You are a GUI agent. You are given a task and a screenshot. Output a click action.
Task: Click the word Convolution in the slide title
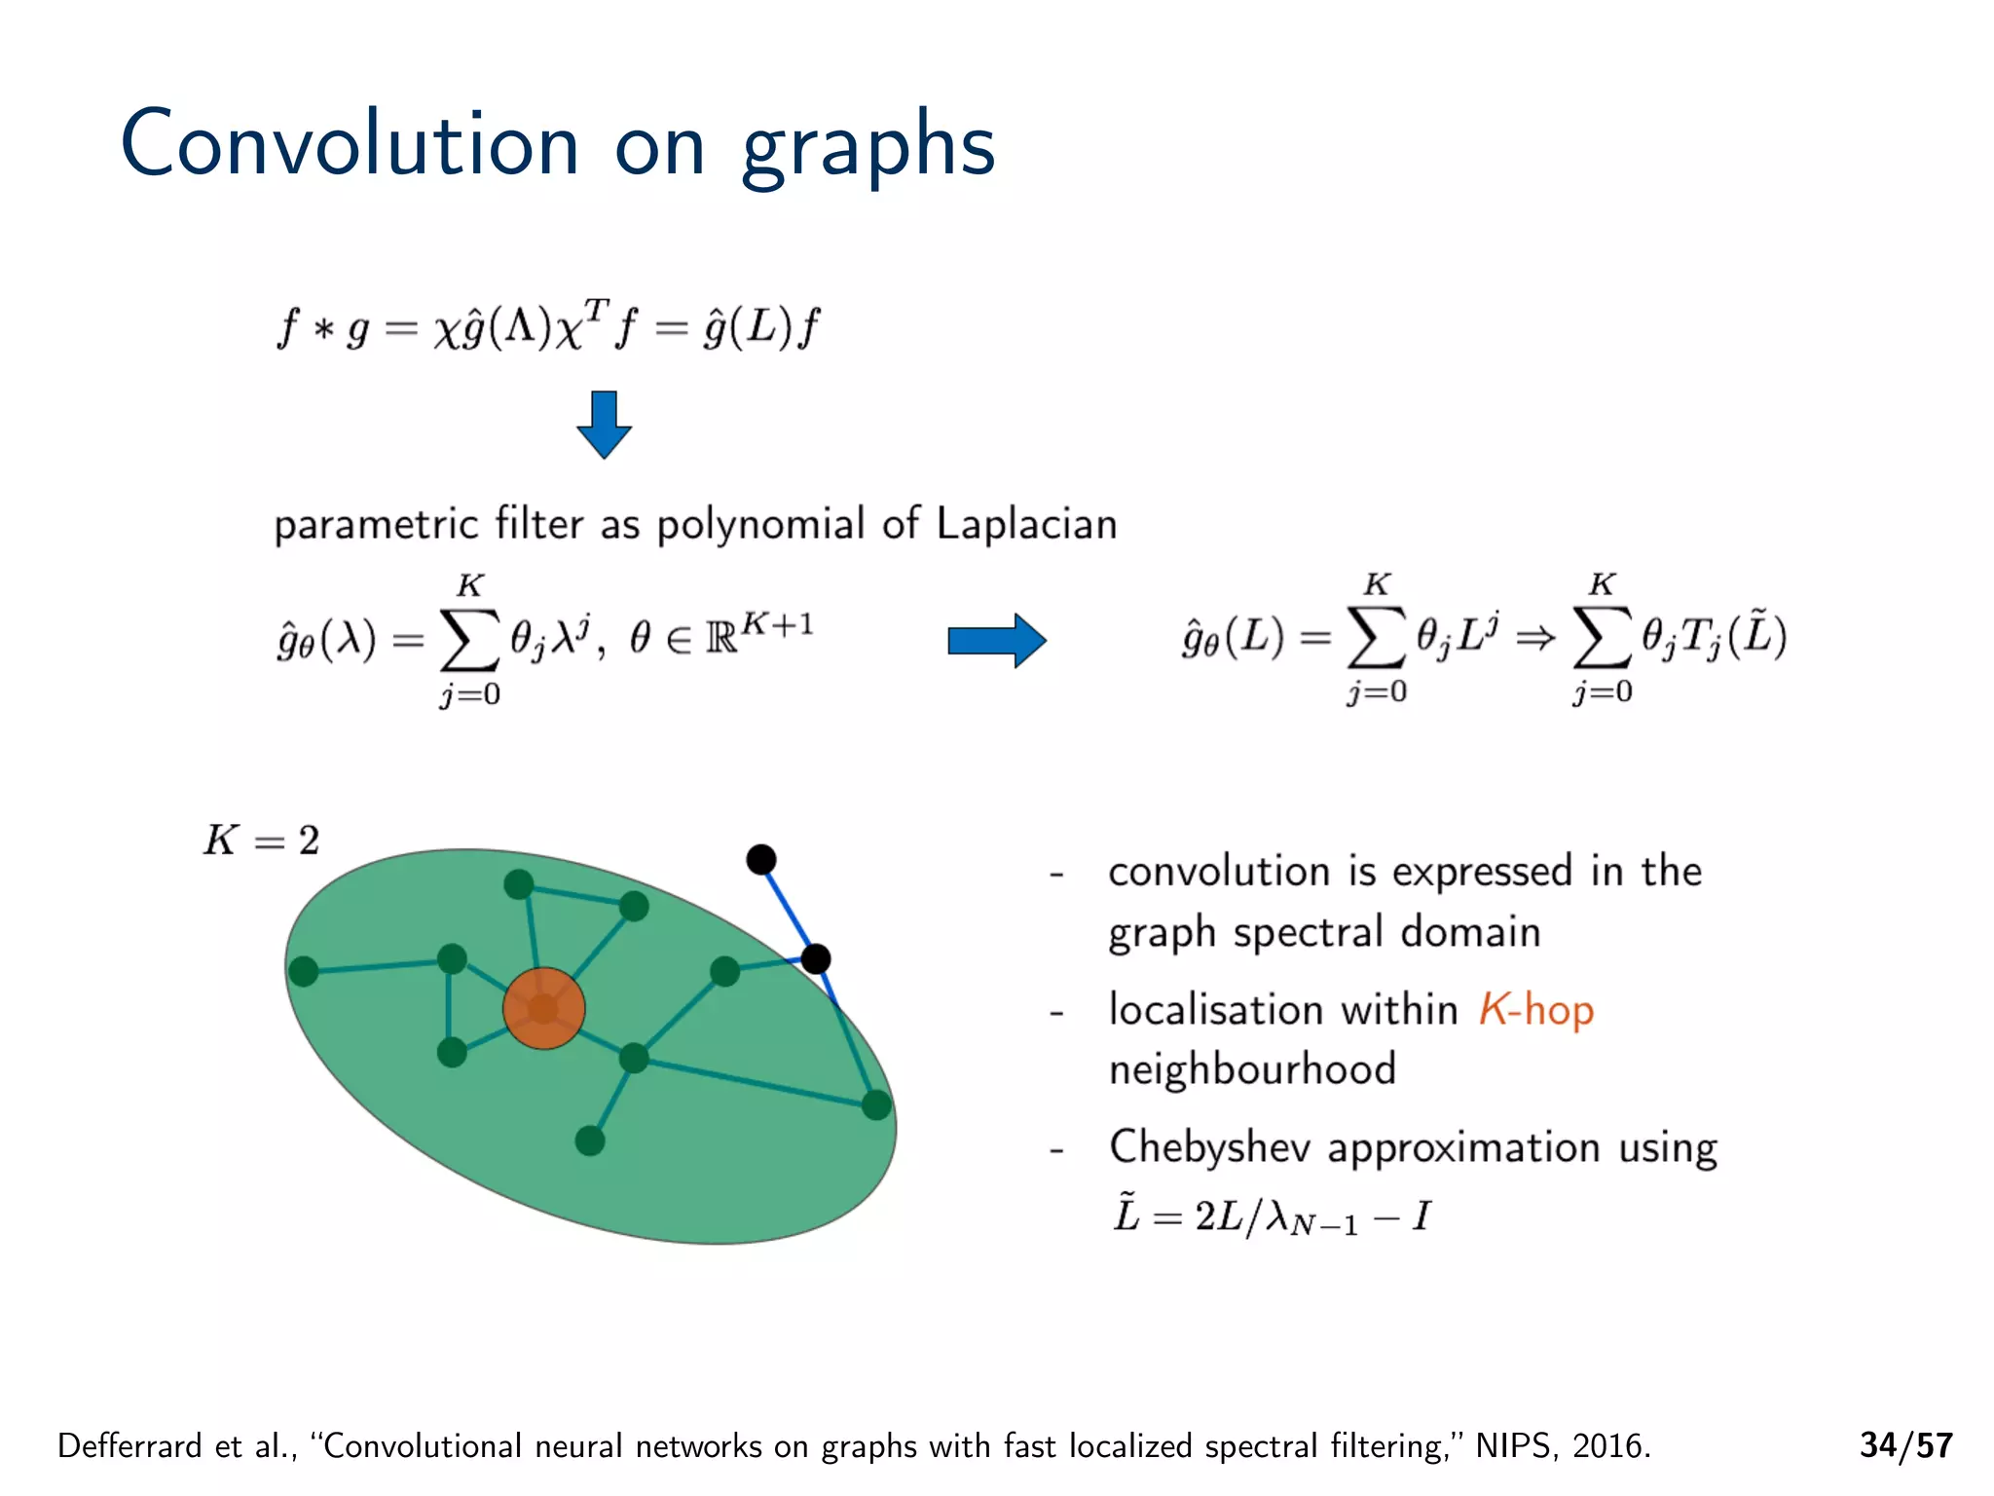tap(350, 144)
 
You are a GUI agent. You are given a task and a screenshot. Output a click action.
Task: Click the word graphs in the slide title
tap(868, 148)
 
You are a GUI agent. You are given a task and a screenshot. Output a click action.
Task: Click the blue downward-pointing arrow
tap(604, 425)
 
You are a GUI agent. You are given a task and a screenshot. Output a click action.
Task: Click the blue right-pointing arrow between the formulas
tap(996, 641)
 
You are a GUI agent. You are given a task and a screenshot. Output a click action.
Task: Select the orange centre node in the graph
tap(543, 1008)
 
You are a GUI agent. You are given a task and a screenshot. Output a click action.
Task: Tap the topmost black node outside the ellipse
tap(761, 859)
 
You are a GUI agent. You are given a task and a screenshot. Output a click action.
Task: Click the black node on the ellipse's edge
tap(816, 959)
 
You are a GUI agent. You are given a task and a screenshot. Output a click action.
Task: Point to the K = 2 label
tap(261, 840)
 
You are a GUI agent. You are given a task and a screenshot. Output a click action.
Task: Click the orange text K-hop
tap(1535, 1010)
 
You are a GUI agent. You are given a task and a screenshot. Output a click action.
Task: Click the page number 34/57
tap(1905, 1445)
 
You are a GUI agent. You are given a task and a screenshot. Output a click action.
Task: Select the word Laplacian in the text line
tap(1026, 524)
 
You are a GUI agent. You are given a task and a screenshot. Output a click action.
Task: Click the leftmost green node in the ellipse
tap(304, 971)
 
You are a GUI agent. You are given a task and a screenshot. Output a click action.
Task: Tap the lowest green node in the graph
tap(590, 1141)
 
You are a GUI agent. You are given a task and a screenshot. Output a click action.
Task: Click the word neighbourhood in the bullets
tap(1252, 1069)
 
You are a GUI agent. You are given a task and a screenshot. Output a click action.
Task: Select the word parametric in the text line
tap(376, 525)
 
